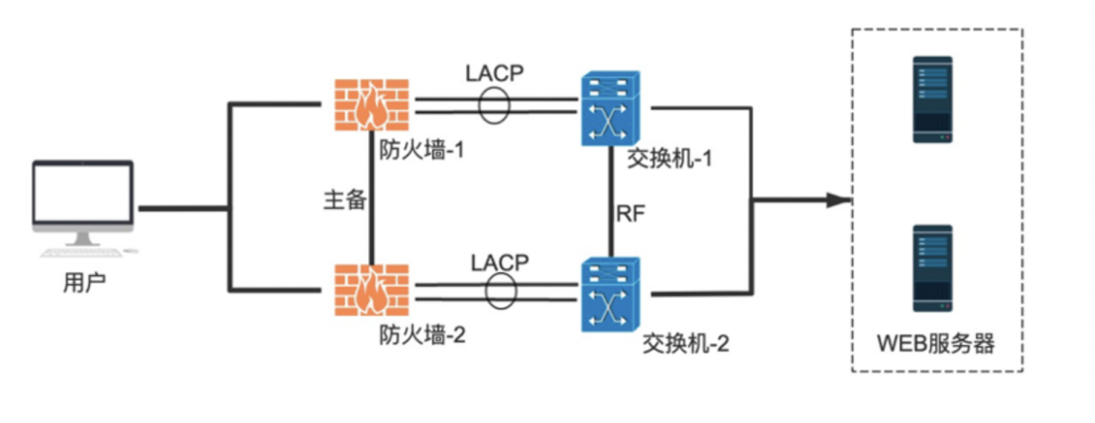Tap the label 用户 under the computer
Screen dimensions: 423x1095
84,283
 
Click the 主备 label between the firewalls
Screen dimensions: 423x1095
345,200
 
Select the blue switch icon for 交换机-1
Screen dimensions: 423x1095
610,109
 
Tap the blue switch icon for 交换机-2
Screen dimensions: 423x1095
610,293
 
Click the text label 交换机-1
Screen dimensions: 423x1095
671,158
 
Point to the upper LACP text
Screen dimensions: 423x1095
494,73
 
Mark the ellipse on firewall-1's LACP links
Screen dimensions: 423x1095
493,105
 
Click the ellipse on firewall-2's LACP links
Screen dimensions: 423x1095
500,290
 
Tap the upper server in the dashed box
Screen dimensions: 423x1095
932,99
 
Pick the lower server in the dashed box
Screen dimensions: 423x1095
932,268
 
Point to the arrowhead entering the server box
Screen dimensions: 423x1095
839,200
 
